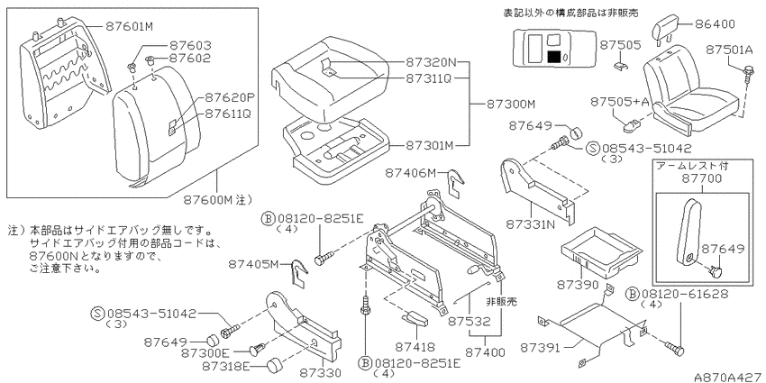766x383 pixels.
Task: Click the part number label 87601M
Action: (x=129, y=27)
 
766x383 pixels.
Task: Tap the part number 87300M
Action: (x=511, y=105)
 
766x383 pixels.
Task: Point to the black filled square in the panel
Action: (x=554, y=56)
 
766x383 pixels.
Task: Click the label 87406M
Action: (x=409, y=172)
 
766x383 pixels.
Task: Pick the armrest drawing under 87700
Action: (x=688, y=232)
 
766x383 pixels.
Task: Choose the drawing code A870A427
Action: (x=729, y=377)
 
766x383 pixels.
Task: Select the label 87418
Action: (x=415, y=348)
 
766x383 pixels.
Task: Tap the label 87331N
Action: (x=531, y=224)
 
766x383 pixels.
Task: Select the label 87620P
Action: (x=228, y=97)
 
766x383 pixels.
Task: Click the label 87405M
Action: (x=253, y=264)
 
